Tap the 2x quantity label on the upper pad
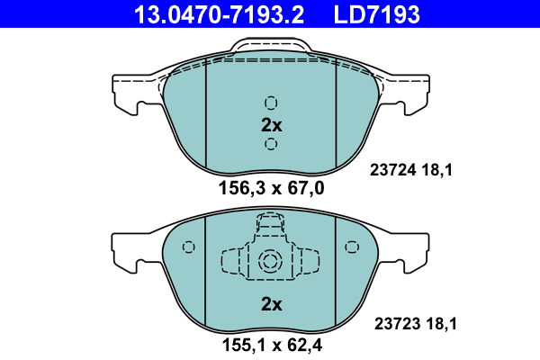(271, 124)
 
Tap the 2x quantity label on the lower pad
(271, 304)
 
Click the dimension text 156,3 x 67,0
(271, 188)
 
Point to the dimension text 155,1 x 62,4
(271, 344)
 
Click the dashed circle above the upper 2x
(271, 102)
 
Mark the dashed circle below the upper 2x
(271, 144)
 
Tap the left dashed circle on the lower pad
(188, 247)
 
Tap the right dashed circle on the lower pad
(352, 247)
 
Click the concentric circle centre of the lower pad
(271, 262)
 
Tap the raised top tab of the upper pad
(271, 52)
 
